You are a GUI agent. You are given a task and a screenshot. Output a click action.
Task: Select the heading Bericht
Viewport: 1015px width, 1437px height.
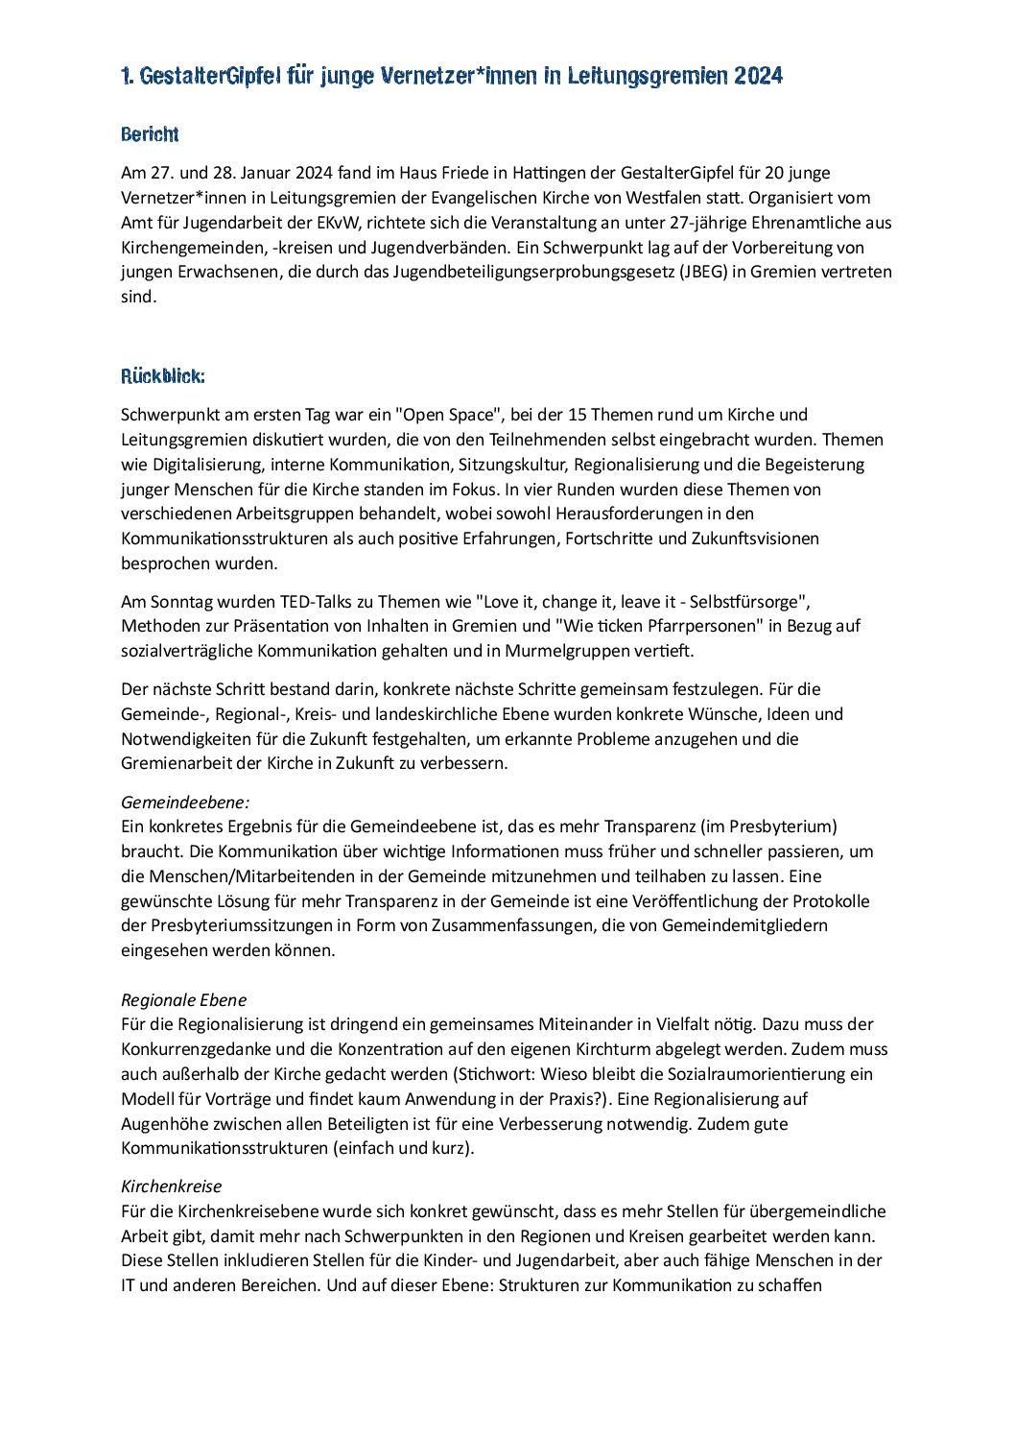(150, 134)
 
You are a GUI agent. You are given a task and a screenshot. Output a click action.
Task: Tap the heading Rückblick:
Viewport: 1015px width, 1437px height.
(163, 375)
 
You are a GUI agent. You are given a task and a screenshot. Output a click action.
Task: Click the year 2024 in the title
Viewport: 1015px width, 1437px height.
(759, 76)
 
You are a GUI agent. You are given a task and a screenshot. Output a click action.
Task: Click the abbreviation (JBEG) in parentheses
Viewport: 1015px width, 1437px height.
(702, 272)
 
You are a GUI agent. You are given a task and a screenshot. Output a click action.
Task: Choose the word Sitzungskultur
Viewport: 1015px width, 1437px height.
(517, 465)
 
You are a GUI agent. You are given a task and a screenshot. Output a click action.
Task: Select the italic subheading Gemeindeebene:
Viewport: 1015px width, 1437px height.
(184, 802)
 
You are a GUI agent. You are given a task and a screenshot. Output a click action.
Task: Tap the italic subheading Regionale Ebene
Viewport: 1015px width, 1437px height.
(183, 999)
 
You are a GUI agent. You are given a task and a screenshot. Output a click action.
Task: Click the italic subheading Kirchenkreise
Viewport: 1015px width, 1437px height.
(171, 1186)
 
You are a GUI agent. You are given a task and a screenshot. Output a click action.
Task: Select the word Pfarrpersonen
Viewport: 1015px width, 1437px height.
(689, 626)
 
